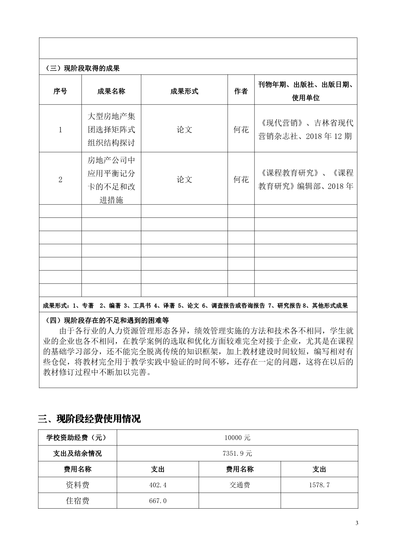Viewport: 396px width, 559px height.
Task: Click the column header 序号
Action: click(60, 91)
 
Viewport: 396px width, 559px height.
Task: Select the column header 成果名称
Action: click(111, 91)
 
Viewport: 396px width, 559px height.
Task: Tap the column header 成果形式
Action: click(184, 91)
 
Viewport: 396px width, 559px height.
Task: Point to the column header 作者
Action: click(241, 91)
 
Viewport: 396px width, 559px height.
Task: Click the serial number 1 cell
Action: click(60, 130)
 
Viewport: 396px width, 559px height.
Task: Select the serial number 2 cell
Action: click(60, 180)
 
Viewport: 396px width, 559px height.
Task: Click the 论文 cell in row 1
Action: click(184, 130)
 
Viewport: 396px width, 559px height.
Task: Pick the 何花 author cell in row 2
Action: click(241, 180)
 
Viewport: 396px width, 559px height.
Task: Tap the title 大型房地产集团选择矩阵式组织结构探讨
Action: click(111, 129)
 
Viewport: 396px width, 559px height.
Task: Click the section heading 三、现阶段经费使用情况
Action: click(89, 418)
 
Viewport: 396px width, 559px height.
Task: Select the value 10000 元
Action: click(237, 438)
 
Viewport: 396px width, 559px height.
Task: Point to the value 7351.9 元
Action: click(237, 453)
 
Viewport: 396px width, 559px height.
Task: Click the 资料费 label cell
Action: click(78, 485)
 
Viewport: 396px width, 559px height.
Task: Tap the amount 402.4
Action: click(158, 485)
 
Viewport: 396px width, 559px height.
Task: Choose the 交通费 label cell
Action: click(240, 485)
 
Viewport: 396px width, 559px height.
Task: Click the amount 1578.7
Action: click(319, 485)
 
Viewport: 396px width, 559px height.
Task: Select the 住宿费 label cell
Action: click(78, 501)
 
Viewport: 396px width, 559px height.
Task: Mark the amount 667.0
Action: click(158, 501)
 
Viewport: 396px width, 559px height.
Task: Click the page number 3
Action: click(357, 523)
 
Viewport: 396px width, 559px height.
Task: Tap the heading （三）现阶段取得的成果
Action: click(83, 68)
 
